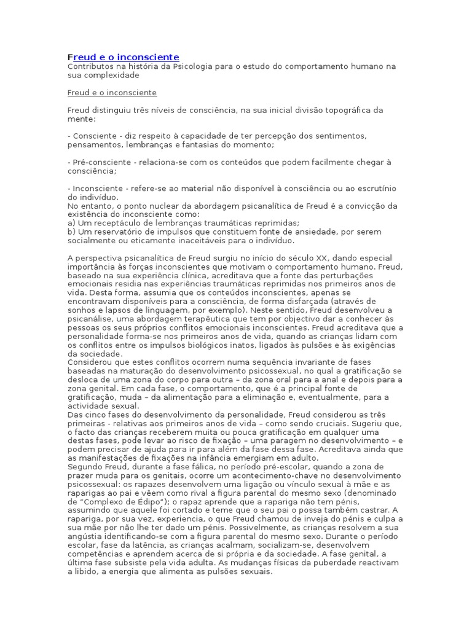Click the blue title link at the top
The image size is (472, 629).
pyautogui.click(x=123, y=57)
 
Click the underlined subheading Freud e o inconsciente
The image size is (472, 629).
pyautogui.click(x=112, y=93)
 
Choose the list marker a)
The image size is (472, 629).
pyautogui.click(x=71, y=223)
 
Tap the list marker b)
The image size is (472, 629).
pyautogui.click(x=71, y=232)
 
